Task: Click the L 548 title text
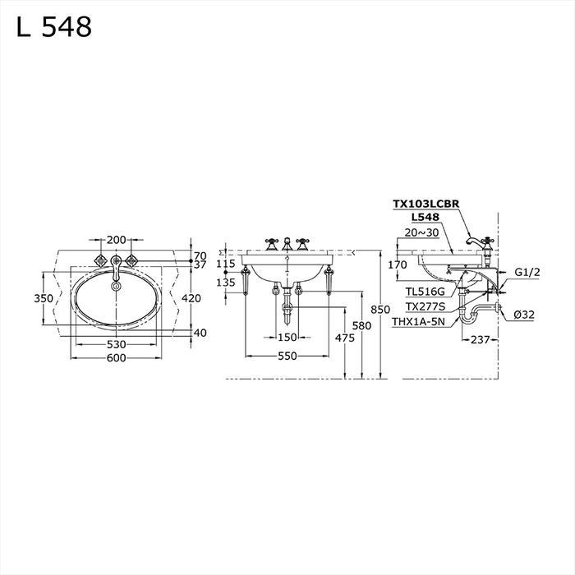point(54,27)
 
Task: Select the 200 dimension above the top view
point(116,240)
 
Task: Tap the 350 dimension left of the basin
point(44,298)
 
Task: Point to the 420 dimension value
point(191,298)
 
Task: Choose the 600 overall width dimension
point(115,357)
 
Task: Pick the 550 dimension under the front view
point(286,356)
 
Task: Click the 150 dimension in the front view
point(286,338)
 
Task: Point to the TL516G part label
point(424,291)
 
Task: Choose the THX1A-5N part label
point(418,321)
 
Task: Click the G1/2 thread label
point(527,272)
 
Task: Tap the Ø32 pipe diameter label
point(526,315)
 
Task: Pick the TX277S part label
point(424,306)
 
